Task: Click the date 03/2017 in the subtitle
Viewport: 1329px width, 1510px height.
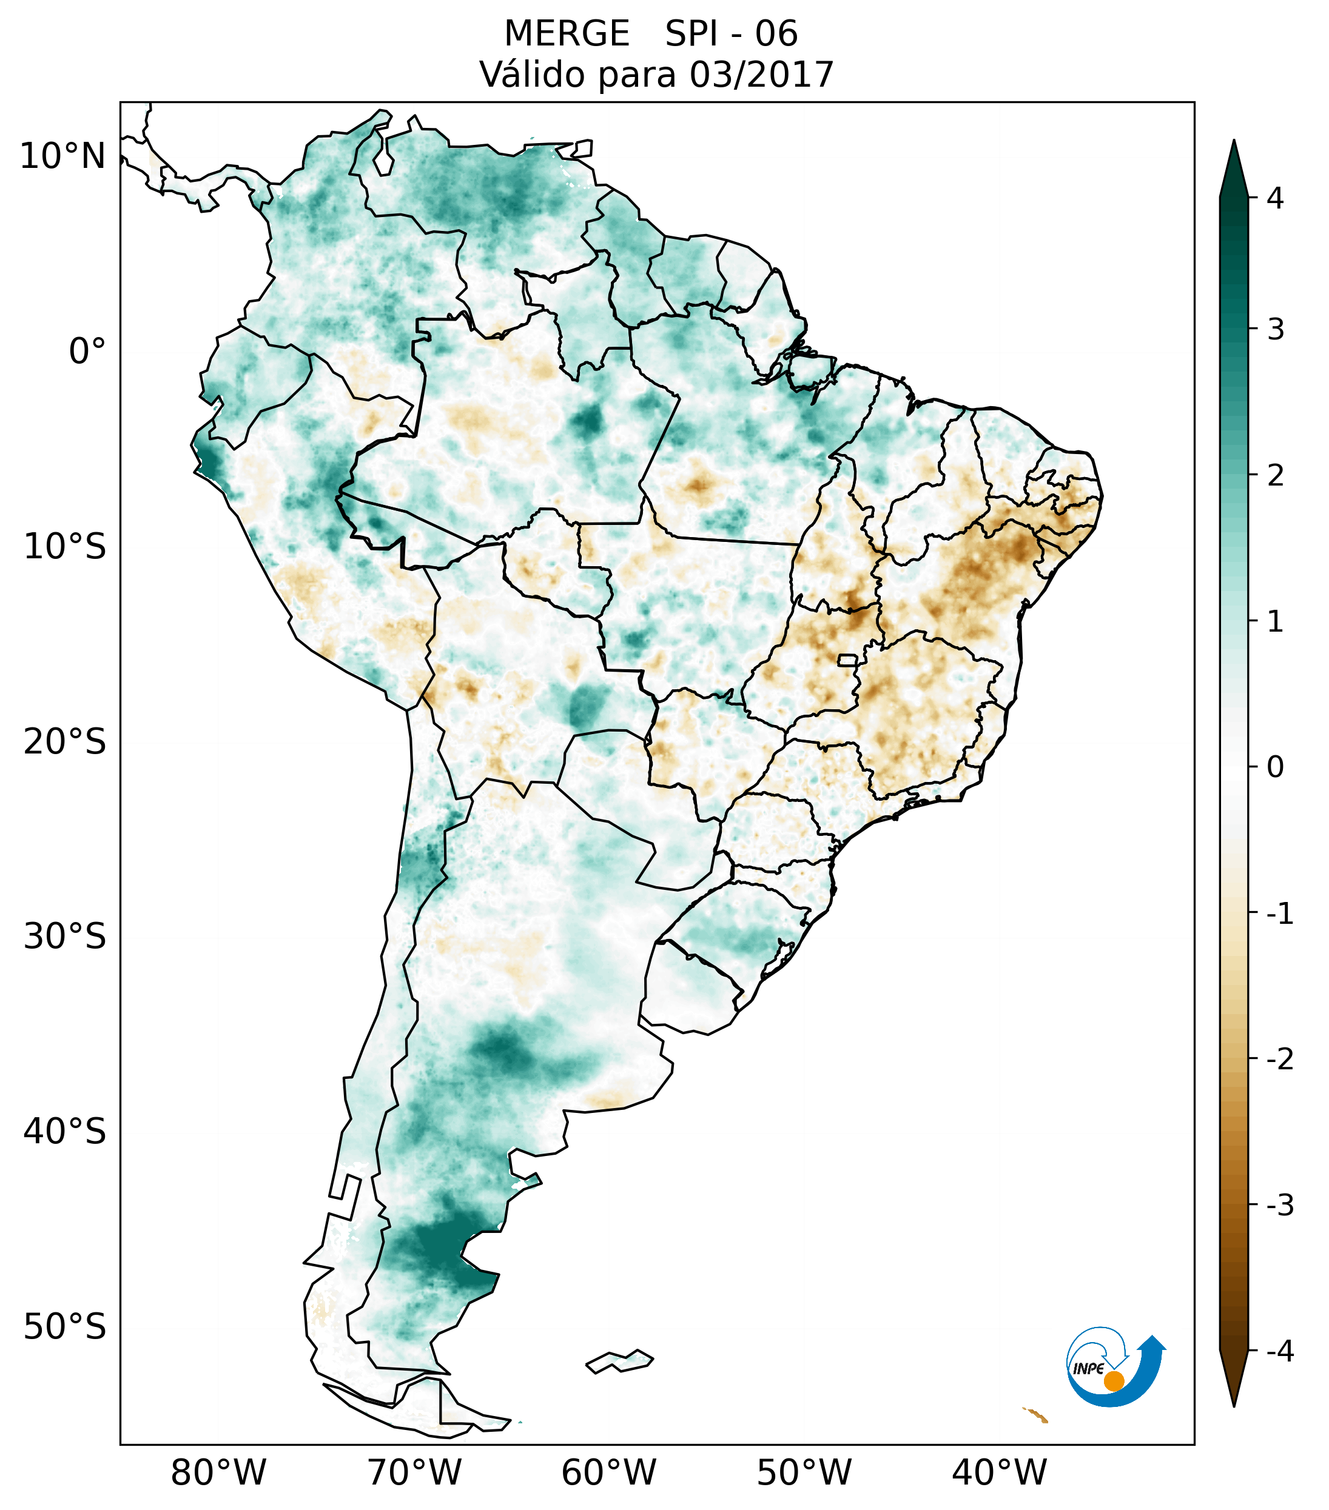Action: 761,75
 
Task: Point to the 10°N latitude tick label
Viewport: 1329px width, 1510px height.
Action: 63,156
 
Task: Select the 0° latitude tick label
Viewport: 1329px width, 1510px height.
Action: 87,352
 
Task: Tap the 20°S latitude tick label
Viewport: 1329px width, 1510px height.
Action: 65,742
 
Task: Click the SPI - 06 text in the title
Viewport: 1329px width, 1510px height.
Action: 731,34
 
